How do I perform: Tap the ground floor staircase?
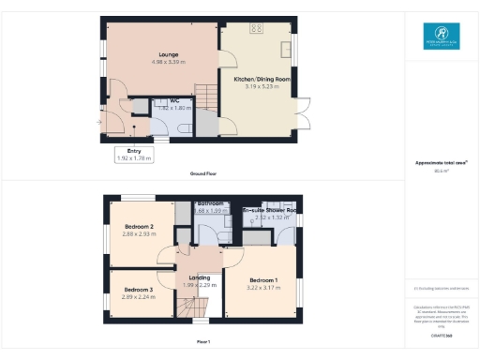pyautogui.click(x=205, y=95)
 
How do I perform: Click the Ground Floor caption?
pyautogui.click(x=202, y=173)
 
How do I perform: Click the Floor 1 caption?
pyautogui.click(x=202, y=341)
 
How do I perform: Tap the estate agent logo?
pyautogui.click(x=440, y=35)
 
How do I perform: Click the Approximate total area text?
pyautogui.click(x=440, y=163)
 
